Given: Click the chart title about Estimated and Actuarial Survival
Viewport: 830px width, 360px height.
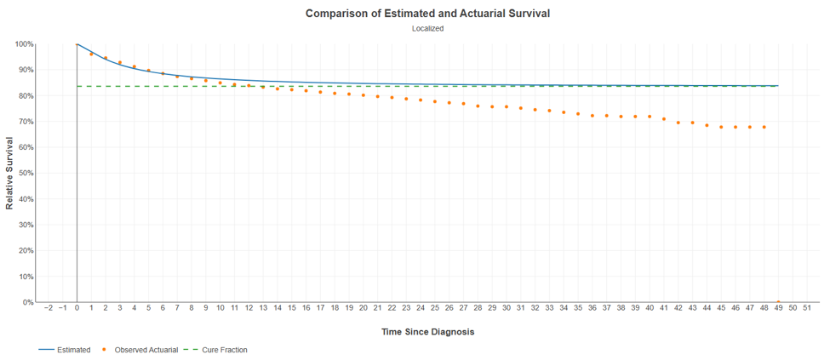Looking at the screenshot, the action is pos(427,14).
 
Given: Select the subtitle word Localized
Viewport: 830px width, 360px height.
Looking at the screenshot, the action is pos(427,29).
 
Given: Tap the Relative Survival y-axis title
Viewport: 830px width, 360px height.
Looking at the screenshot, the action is pos(9,173).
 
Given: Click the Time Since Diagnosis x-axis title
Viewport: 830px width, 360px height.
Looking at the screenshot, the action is pos(427,332).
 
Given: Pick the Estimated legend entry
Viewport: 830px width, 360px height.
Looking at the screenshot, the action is pos(64,350).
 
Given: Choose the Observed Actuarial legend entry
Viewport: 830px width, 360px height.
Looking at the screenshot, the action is pos(140,350).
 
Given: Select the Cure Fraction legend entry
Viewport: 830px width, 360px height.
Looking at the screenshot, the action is pos(218,350).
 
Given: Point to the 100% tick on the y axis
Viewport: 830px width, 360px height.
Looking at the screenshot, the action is pos(25,44).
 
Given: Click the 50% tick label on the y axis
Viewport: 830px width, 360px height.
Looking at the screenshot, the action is pos(26,173).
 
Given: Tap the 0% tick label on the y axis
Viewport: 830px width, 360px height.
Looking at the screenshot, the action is pos(29,302).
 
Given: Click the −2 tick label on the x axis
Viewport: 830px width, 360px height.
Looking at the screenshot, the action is pos(49,307).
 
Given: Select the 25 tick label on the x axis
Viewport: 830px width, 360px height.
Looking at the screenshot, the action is pos(435,307).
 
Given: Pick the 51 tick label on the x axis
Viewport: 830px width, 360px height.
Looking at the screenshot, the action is pos(807,307).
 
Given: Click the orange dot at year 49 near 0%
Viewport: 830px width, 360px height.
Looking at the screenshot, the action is pos(778,302).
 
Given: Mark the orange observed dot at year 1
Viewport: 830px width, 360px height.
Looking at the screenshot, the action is pos(91,54).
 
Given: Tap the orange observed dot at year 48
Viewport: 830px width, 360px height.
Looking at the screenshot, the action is pos(764,127).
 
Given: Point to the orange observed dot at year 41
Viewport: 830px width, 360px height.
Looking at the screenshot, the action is pos(664,119).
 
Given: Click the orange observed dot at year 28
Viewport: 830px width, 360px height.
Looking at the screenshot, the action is pos(478,106).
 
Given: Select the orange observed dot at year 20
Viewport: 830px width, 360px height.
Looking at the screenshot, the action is pos(363,95).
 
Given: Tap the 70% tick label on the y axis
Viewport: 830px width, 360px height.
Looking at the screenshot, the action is pos(26,121).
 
